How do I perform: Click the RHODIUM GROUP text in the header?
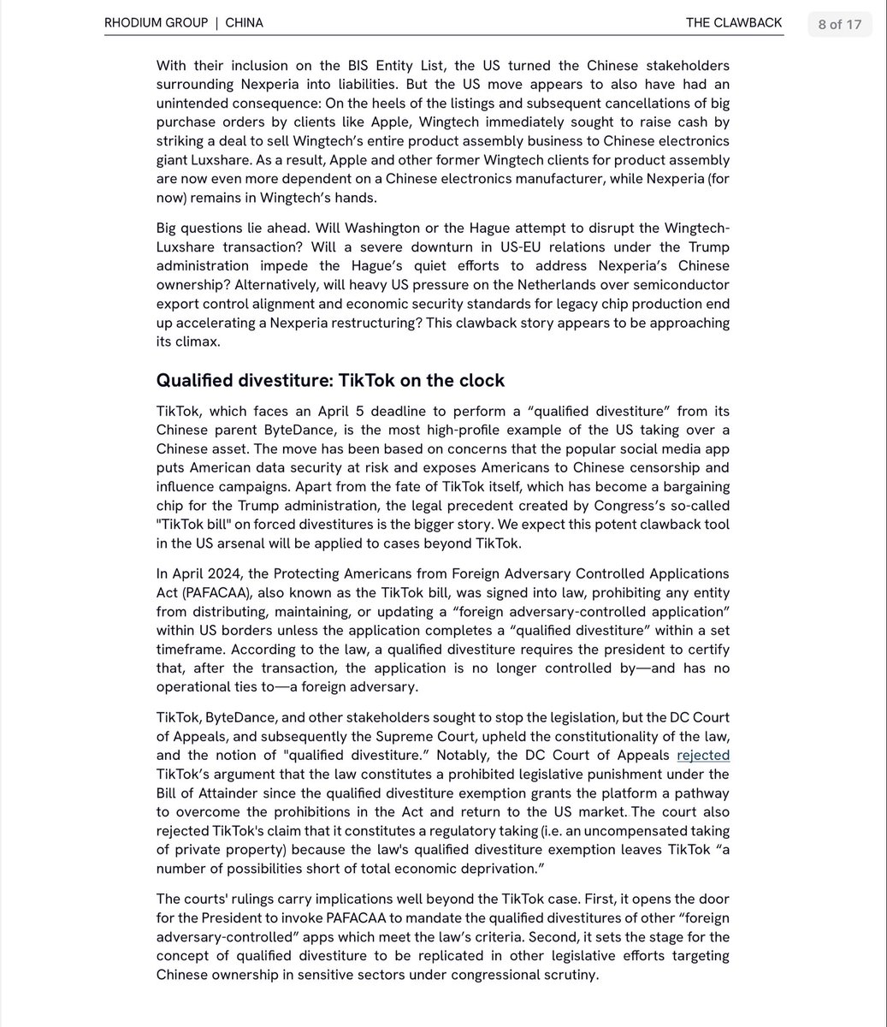click(x=156, y=23)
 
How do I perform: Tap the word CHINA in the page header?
click(x=244, y=23)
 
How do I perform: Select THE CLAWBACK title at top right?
click(x=733, y=23)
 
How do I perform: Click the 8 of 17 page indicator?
click(x=839, y=24)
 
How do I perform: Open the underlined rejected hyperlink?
click(x=703, y=755)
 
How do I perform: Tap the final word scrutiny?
click(x=570, y=975)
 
